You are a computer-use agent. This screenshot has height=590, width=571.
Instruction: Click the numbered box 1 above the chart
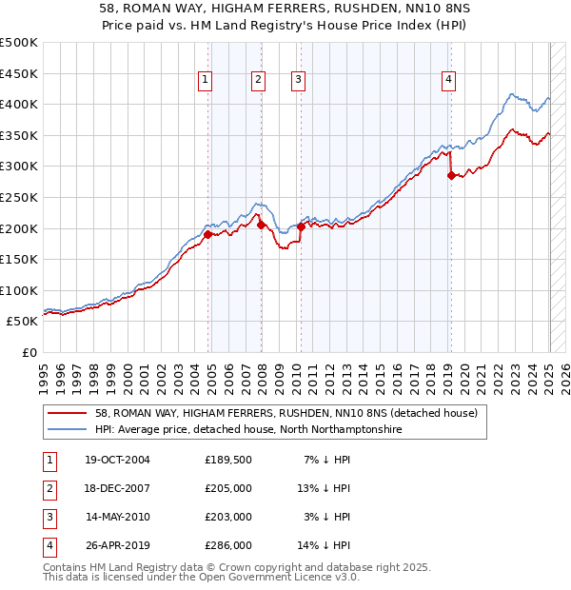tap(206, 80)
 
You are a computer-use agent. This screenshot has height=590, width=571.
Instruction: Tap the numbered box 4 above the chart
tap(447, 80)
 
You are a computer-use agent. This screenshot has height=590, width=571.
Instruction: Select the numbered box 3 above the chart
tap(298, 80)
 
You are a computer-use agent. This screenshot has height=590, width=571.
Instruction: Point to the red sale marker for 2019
tap(451, 174)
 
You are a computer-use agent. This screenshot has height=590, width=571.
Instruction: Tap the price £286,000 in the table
tap(228, 545)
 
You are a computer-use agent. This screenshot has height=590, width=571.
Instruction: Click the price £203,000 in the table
tap(228, 517)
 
